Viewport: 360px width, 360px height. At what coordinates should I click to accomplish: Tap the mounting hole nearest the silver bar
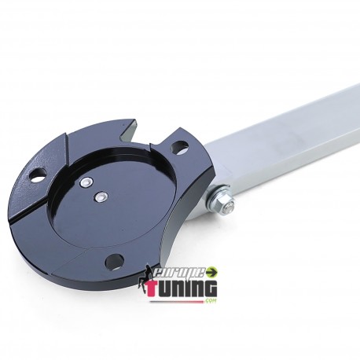(178, 146)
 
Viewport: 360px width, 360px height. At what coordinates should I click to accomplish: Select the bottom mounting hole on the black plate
(116, 259)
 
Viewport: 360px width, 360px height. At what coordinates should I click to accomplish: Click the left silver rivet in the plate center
(84, 182)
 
